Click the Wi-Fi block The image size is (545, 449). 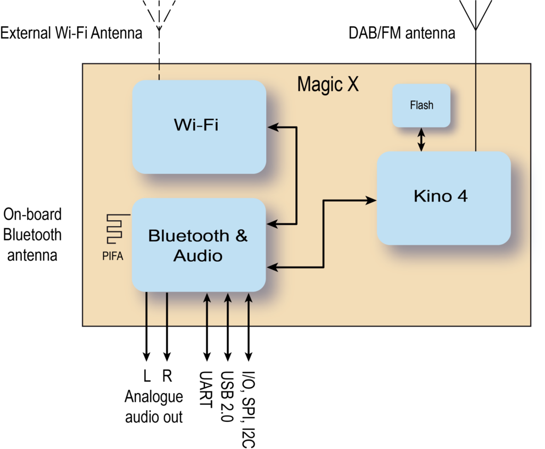[199, 127]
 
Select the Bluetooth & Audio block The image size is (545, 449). [199, 245]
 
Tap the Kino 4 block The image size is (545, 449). [444, 198]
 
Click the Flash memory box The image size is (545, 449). [422, 105]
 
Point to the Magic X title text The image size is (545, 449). [328, 85]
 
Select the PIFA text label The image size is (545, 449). [113, 256]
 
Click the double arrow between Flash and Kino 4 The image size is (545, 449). [422, 139]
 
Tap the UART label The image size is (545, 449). [206, 389]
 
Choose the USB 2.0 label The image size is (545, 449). [227, 396]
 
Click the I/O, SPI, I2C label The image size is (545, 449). [249, 410]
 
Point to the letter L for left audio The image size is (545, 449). [147, 376]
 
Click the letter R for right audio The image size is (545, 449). [167, 376]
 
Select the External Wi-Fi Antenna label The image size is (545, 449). [71, 33]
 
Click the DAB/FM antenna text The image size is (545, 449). [402, 33]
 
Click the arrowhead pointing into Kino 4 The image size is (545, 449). [371, 200]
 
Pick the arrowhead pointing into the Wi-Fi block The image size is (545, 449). [273, 127]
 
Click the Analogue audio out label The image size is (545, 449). [154, 407]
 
